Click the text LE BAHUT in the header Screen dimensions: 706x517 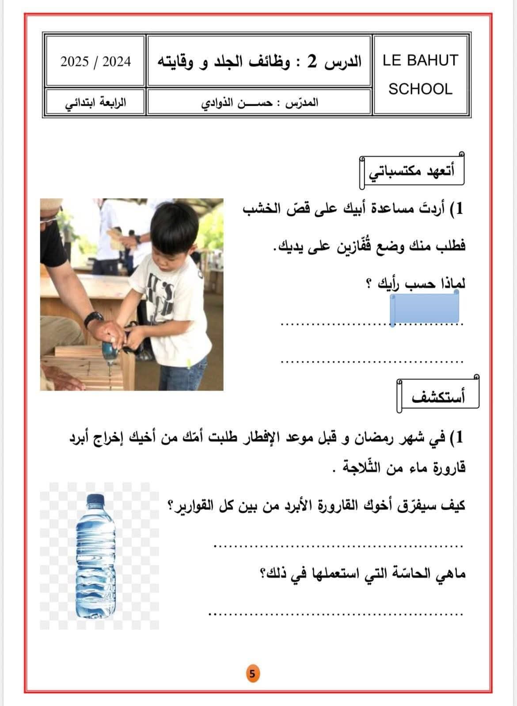coord(420,61)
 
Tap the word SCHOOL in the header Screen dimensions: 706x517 coord(420,89)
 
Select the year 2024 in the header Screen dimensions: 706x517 coord(117,61)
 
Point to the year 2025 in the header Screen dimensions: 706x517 coord(75,61)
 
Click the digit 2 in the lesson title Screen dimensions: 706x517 coord(312,62)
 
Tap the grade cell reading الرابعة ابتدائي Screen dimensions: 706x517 coord(95,103)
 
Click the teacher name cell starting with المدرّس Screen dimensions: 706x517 coord(259,103)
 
